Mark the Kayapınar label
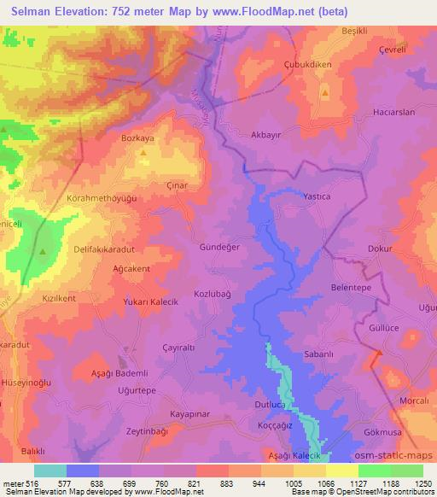coord(190,412)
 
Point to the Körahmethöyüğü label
coord(101,198)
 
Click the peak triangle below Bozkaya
coord(143,153)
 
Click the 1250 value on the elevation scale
coord(422,482)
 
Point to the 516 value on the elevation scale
coord(33,482)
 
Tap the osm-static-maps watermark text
coord(397,457)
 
